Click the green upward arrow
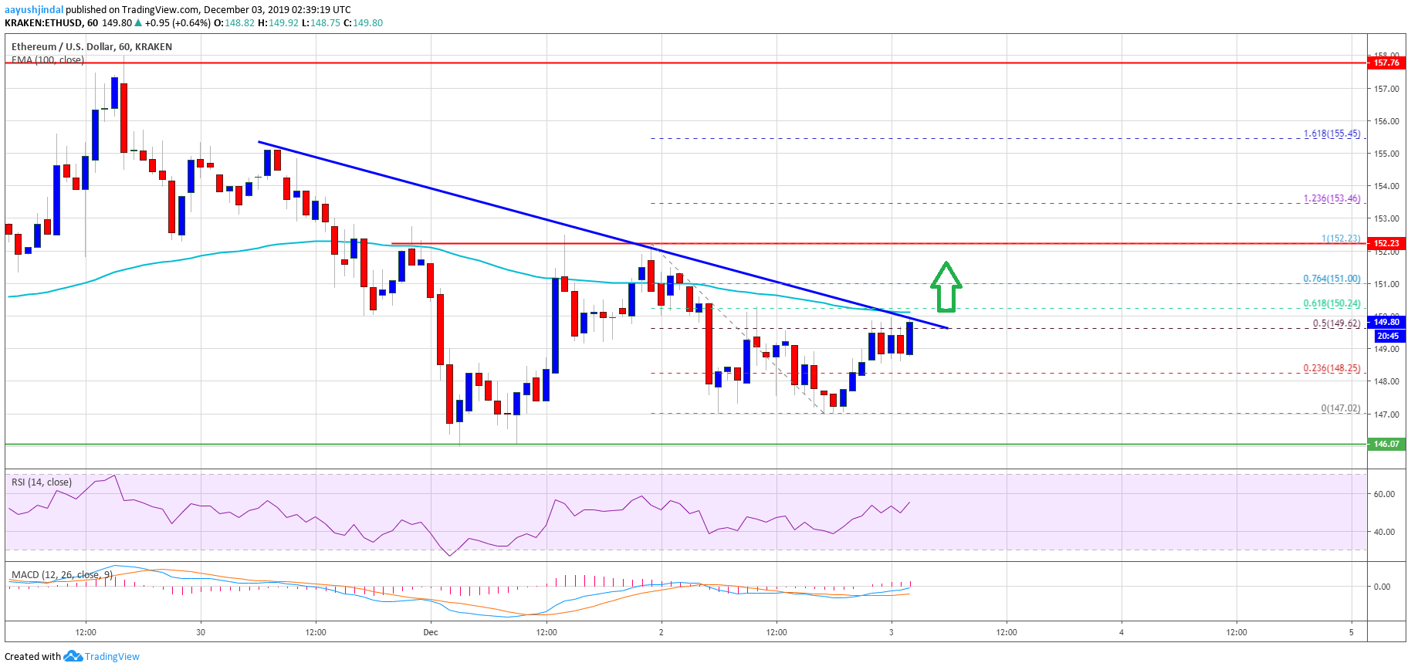point(946,287)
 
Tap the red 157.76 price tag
point(1386,63)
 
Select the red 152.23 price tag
point(1386,243)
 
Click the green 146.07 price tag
point(1386,444)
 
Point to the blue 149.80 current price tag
point(1386,322)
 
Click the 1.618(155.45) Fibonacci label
point(1331,134)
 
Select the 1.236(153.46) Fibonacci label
point(1331,198)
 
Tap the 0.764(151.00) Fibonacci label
point(1331,279)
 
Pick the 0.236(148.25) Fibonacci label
point(1331,368)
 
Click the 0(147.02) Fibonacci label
point(1340,408)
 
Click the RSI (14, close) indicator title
point(41,482)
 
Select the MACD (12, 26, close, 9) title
point(62,575)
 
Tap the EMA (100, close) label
point(47,59)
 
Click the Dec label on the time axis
point(430,632)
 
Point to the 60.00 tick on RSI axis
point(1382,494)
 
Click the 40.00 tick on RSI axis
point(1382,532)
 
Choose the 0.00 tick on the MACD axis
point(1381,587)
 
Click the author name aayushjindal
point(34,10)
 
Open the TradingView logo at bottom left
point(103,656)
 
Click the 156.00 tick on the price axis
point(1386,121)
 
